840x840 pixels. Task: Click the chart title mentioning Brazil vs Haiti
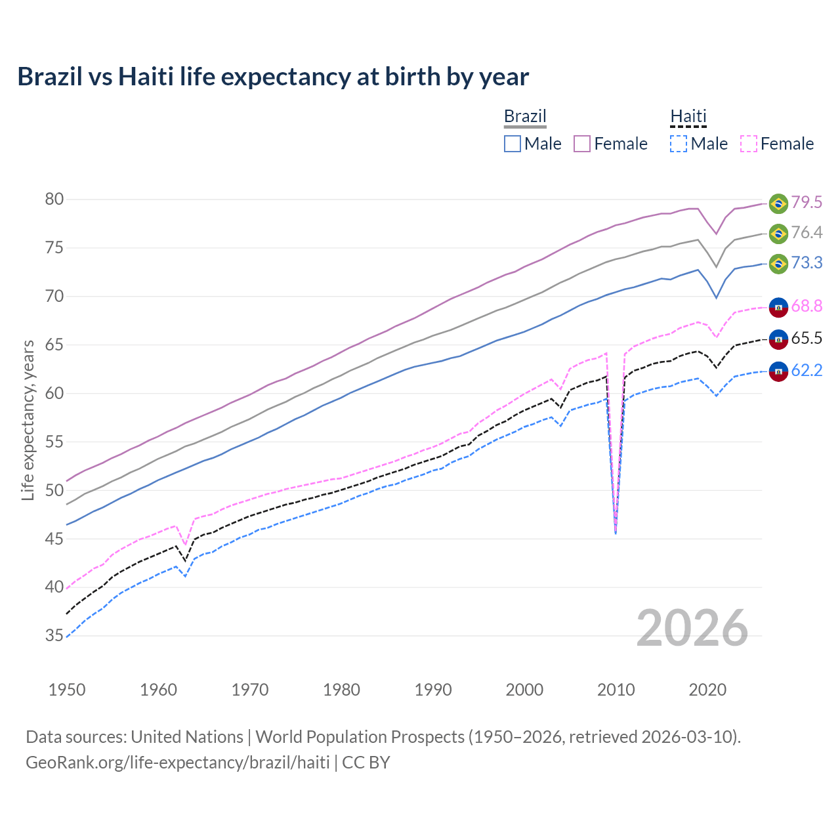(x=273, y=77)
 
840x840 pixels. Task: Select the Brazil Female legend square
(x=582, y=144)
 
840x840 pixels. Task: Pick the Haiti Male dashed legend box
(x=679, y=144)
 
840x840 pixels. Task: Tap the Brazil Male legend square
(x=513, y=144)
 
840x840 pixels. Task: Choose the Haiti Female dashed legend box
(x=749, y=144)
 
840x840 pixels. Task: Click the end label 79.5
(x=807, y=202)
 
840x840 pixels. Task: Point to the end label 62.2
(x=807, y=371)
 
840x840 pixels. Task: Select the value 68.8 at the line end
(x=807, y=306)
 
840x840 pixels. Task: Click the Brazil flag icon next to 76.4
(x=778, y=234)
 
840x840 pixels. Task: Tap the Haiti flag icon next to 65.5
(x=778, y=339)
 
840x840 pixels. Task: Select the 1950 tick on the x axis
(x=67, y=690)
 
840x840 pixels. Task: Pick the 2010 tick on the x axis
(x=616, y=690)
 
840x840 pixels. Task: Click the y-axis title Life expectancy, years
(x=28, y=420)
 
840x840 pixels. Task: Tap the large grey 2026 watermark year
(x=692, y=628)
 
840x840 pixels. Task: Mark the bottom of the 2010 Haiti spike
(x=616, y=532)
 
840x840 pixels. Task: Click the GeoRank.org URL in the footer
(x=177, y=763)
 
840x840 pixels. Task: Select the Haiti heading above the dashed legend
(x=688, y=116)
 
